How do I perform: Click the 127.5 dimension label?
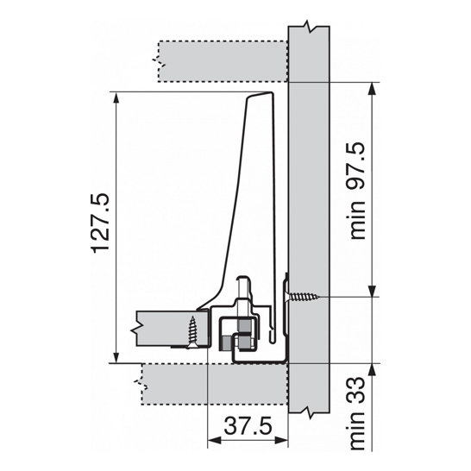tap(101, 223)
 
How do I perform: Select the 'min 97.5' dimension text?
tap(357, 191)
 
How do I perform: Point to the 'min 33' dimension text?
tap(357, 413)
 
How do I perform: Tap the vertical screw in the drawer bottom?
tap(192, 332)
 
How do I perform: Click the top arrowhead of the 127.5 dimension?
tap(116, 98)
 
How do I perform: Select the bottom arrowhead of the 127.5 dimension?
tap(116, 357)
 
